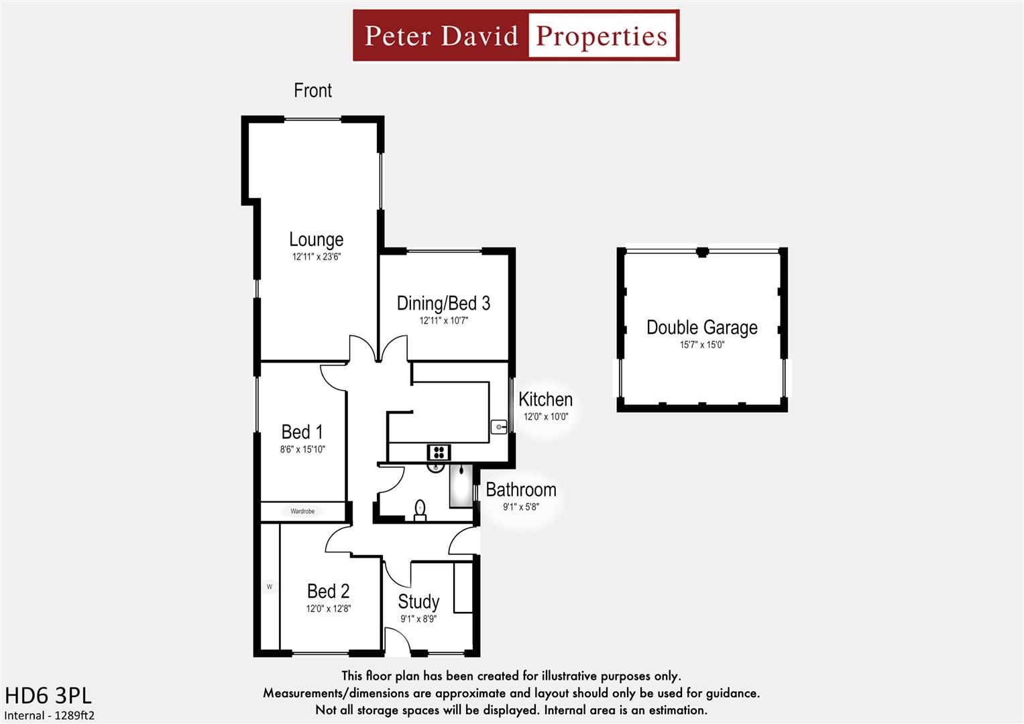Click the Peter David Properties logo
(516, 36)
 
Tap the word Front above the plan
(312, 90)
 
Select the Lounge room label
(316, 239)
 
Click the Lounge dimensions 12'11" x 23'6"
(316, 257)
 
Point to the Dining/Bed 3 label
(443, 303)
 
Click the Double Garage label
(701, 327)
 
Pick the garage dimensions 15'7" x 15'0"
(701, 345)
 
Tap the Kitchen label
(545, 400)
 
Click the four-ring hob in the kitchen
(439, 452)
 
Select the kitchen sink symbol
(499, 426)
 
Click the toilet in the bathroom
(420, 509)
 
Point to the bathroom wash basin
(437, 467)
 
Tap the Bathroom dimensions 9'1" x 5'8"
(520, 507)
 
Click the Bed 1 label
(302, 432)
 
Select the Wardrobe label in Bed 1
(302, 511)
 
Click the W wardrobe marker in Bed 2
(270, 587)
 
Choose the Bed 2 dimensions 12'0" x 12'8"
(328, 609)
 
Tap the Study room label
(418, 601)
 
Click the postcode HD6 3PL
(48, 695)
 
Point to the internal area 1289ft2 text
(50, 715)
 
